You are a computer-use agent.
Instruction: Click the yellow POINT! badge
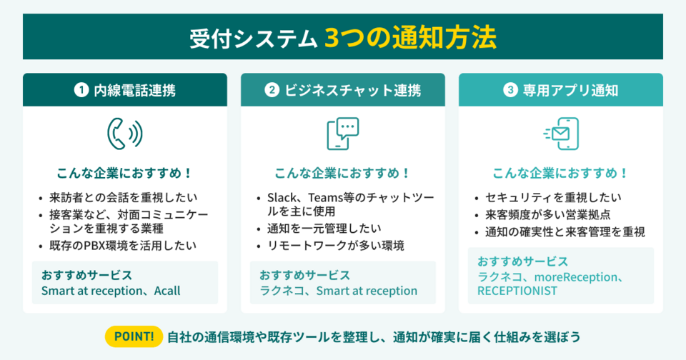click(134, 335)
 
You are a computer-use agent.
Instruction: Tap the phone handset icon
click(124, 133)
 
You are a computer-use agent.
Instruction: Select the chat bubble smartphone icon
click(342, 133)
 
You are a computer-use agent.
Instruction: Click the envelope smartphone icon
click(561, 133)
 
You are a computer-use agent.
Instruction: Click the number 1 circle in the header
click(82, 91)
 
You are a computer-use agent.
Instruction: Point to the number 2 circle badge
click(272, 91)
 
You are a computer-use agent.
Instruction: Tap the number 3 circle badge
click(509, 91)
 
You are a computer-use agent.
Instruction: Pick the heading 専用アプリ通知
click(570, 91)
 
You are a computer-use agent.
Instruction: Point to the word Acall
click(165, 291)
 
